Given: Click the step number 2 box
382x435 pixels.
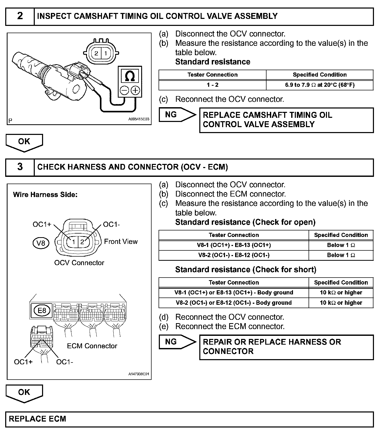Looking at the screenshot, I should click(20, 16).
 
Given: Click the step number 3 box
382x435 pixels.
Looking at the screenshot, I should click(20, 167).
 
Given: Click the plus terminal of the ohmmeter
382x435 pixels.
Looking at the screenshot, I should click(135, 90).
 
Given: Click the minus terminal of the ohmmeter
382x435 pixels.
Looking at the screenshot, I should click(125, 90).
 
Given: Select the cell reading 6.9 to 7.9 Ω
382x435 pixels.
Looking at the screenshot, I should click(319, 85).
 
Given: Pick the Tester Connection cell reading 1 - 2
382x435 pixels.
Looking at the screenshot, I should click(212, 85).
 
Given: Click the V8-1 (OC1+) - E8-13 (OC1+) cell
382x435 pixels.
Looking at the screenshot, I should click(234, 245).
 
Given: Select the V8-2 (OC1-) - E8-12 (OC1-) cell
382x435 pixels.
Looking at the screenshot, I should click(234, 255).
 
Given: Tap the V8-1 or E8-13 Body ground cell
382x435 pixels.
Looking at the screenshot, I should click(234, 293).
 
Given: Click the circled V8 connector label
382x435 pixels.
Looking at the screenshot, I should click(41, 243).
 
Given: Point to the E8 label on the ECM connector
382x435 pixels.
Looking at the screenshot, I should click(42, 310).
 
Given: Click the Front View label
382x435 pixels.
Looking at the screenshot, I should click(121, 242).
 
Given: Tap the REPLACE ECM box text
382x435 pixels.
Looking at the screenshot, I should click(38, 419).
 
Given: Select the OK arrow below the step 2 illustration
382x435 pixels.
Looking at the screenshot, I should click(24, 142).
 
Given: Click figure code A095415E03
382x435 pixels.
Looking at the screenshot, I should click(139, 119).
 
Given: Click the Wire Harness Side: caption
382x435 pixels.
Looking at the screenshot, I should click(45, 195).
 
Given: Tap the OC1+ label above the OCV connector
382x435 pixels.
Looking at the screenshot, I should click(42, 224).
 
